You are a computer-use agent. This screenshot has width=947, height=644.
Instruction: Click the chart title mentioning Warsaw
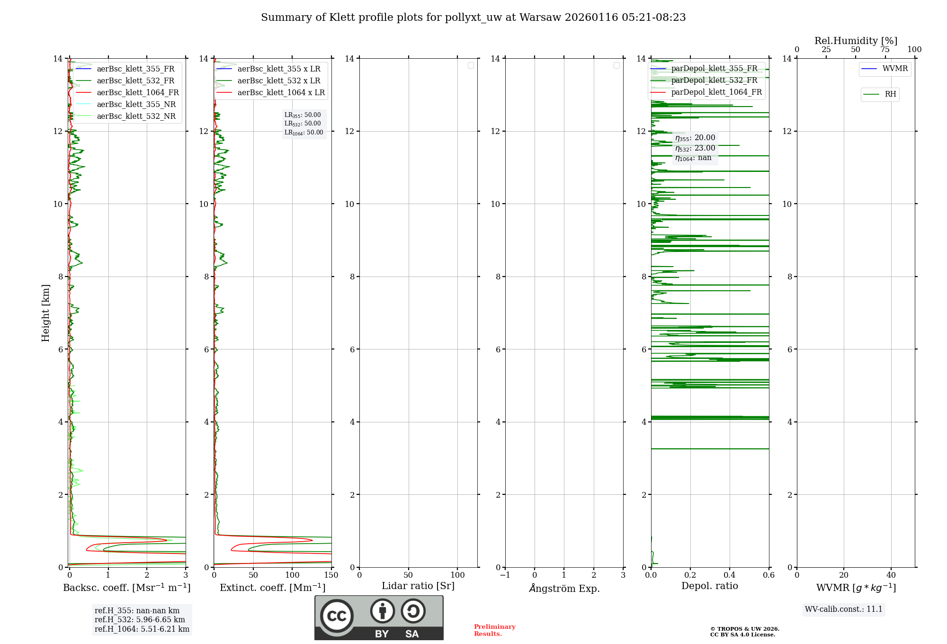[x=473, y=18]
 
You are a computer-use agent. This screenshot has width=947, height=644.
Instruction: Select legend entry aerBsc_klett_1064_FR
[x=137, y=93]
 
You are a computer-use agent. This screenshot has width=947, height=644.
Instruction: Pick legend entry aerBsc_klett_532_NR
[x=136, y=116]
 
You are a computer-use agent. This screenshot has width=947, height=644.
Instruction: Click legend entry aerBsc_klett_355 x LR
[x=278, y=69]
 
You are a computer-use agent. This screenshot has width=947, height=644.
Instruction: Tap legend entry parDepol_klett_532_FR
[x=714, y=80]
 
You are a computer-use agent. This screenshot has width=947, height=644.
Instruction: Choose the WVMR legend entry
[x=894, y=69]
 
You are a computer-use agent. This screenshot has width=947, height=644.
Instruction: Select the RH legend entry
[x=890, y=94]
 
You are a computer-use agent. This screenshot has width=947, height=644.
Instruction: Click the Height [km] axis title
[x=45, y=313]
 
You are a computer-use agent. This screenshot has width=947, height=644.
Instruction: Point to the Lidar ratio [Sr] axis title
[x=418, y=586]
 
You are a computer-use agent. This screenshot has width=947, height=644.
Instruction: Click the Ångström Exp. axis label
[x=564, y=588]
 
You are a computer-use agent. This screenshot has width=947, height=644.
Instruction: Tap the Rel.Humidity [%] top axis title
[x=856, y=41]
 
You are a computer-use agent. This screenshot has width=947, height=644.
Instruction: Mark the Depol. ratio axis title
[x=709, y=586]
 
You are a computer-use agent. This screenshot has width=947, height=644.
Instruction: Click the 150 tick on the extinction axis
[x=331, y=575]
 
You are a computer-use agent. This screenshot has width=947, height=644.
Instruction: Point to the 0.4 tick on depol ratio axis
[x=730, y=575]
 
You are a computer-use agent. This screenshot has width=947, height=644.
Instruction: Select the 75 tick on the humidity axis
[x=885, y=50]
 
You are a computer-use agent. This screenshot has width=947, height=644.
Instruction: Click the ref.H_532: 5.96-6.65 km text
[x=140, y=619]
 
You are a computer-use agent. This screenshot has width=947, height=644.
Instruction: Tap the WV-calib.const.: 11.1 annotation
[x=843, y=609]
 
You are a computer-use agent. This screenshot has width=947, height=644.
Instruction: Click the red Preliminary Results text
[x=494, y=630]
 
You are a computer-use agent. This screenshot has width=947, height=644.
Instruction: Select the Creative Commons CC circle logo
[x=337, y=616]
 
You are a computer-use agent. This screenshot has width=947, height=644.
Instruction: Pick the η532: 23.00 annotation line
[x=695, y=148]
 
